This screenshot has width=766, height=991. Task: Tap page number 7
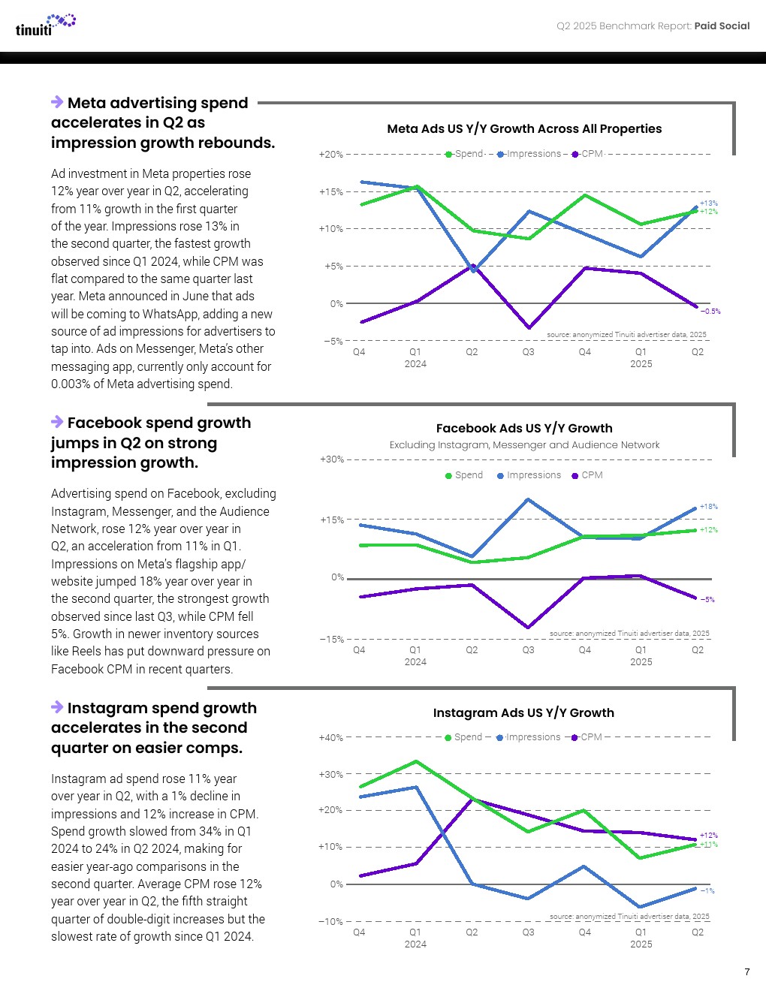coord(747,972)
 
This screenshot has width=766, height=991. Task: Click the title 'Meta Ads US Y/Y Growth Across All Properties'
coord(524,129)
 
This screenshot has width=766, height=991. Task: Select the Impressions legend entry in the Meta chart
coord(529,154)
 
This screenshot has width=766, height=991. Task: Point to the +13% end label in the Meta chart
coord(709,203)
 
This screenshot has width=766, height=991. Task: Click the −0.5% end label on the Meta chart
coord(710,312)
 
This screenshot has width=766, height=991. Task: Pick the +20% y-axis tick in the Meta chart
coord(331,155)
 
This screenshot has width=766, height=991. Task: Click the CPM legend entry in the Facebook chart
coord(587,475)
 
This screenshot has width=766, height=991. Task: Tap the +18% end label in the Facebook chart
coord(709,507)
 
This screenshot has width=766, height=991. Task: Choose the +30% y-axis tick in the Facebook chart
coord(332,459)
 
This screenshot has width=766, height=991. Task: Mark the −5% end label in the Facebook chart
coord(707,600)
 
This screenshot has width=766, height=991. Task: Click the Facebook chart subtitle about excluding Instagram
coord(524,445)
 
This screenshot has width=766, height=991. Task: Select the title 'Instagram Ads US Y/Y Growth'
coord(523,713)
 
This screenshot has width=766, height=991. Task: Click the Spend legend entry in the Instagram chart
coord(463,737)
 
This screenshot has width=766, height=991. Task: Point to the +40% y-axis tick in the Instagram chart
coord(331,738)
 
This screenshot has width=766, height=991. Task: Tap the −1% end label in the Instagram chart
coord(707,891)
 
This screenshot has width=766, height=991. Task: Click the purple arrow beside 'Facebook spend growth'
coord(57,422)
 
